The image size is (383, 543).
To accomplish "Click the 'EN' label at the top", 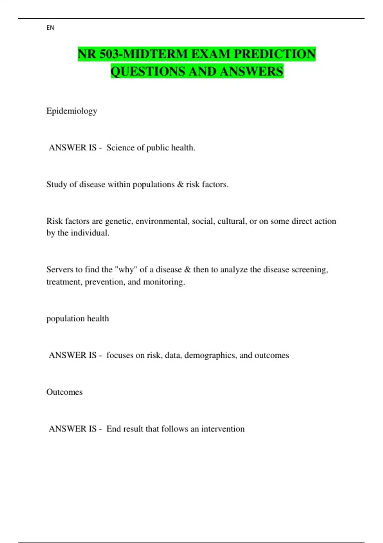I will (50, 28).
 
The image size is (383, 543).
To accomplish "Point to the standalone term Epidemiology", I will (71, 111).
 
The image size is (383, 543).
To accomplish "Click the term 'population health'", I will (78, 318).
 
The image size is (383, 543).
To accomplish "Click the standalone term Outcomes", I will (64, 392).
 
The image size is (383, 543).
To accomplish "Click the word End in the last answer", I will (114, 429).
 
